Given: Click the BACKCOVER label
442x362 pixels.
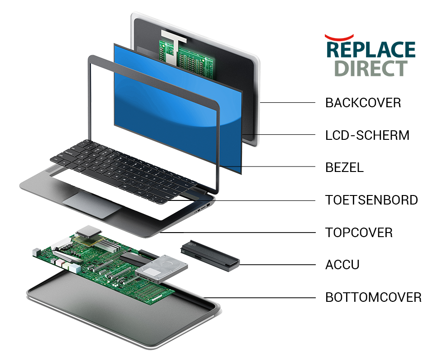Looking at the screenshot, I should point(363,103).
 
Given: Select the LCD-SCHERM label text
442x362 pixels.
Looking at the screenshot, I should point(367,135).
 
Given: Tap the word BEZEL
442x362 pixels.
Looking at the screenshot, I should point(344,167).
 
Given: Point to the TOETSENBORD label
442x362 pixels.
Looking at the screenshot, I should point(371,200).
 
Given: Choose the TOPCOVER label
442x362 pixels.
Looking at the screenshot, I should point(359,233).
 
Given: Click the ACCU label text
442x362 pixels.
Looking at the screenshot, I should point(342,265).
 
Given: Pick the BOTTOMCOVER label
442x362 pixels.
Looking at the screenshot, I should point(373,297).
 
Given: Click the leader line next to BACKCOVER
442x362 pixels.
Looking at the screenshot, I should point(287,103).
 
